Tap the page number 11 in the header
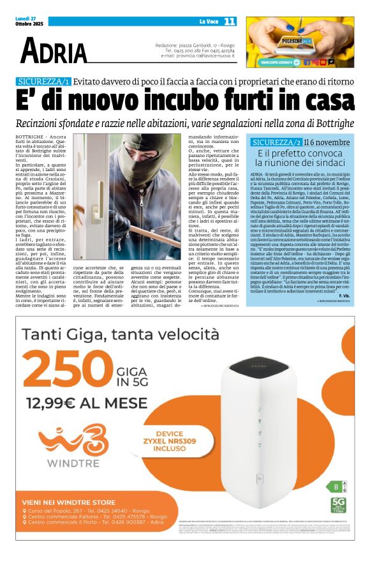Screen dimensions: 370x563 [229, 21]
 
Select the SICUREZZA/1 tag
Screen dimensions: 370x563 [61, 81]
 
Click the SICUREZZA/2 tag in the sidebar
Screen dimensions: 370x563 [276, 142]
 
